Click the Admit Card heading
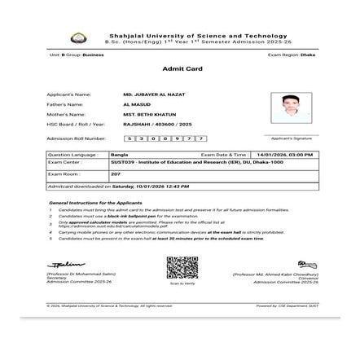182,68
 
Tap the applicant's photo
290,106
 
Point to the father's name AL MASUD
132,104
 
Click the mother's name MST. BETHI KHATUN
144,114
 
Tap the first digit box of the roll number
129,138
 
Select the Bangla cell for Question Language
119,154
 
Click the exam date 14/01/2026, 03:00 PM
284,154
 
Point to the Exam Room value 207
116,173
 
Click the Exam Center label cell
65,162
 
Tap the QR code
182,267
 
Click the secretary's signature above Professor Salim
66,265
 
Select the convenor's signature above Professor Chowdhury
307,265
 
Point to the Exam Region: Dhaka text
292,55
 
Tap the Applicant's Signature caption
292,138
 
